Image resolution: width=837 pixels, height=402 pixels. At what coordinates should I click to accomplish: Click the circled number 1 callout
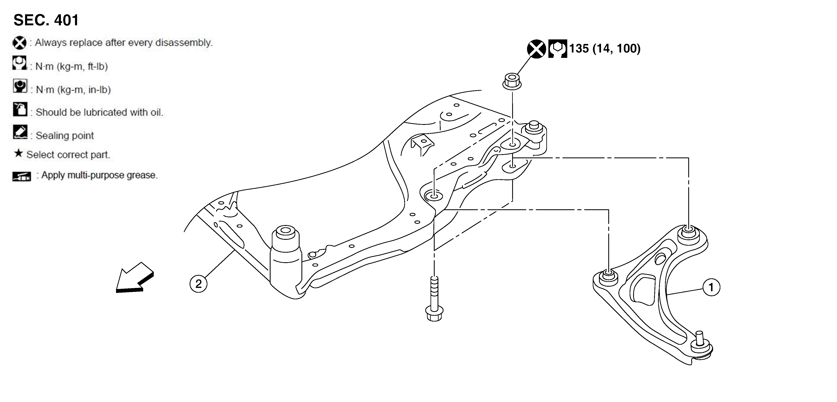tap(711, 287)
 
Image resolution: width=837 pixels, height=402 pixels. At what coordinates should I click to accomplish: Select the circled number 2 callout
tap(198, 284)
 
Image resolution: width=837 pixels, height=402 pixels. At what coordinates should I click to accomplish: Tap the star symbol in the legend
tap(18, 153)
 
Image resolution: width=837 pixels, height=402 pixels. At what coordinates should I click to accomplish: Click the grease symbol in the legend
tap(22, 176)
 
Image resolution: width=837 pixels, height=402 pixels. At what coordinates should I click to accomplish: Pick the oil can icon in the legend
tap(20, 109)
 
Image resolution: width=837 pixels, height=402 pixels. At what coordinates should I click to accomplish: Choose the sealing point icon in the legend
tap(20, 132)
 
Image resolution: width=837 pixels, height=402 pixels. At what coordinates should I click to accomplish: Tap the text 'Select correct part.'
tap(68, 155)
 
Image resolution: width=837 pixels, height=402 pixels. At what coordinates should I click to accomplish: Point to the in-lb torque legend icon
tap(20, 86)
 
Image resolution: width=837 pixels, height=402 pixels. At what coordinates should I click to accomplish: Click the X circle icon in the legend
tap(19, 43)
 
